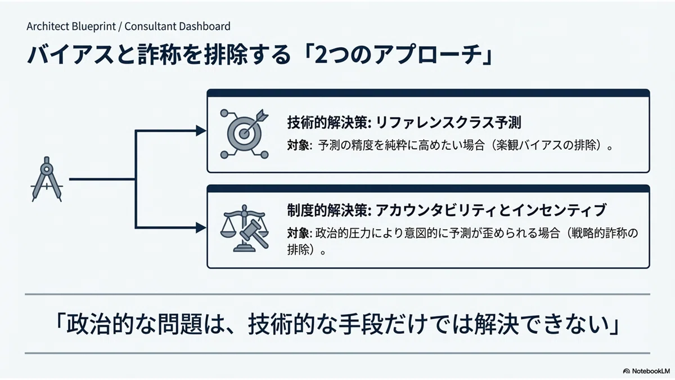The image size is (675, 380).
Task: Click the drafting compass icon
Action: pyautogui.click(x=47, y=179)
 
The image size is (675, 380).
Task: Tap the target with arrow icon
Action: pyautogui.click(x=244, y=134)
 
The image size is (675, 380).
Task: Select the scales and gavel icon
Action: pyautogui.click(x=244, y=229)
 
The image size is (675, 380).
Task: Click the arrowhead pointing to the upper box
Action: pyautogui.click(x=201, y=131)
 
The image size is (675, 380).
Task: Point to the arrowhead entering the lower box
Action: pyautogui.click(x=201, y=227)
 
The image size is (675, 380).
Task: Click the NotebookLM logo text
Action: pyautogui.click(x=651, y=371)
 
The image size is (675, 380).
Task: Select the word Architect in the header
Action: pyautogui.click(x=48, y=26)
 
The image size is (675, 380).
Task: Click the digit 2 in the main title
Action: pyautogui.click(x=322, y=55)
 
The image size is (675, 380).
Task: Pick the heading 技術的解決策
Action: pyautogui.click(x=327, y=123)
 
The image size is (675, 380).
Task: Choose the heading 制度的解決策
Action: pyautogui.click(x=327, y=210)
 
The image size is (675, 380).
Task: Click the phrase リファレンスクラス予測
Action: pyautogui.click(x=449, y=123)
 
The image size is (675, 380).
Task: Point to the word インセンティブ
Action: pyautogui.click(x=560, y=210)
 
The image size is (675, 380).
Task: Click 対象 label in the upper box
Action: pyautogui.click(x=298, y=146)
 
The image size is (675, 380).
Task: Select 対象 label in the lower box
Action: pyautogui.click(x=298, y=233)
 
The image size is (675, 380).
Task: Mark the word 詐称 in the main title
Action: pyautogui.click(x=160, y=55)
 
